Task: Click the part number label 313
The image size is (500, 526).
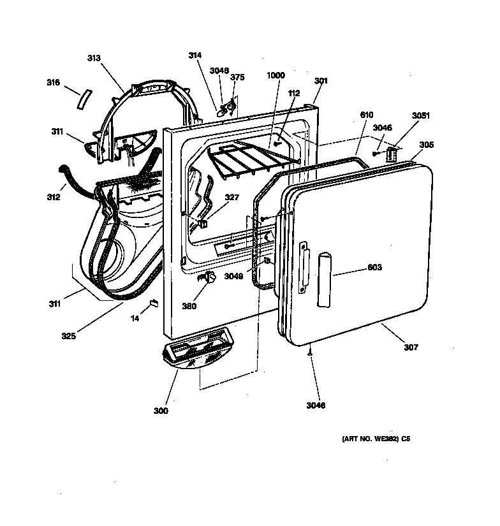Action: point(94,58)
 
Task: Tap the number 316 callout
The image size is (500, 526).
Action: point(53,82)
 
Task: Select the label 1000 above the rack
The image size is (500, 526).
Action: point(276,75)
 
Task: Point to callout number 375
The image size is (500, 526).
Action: point(237,77)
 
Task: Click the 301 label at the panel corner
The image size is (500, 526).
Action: point(321,81)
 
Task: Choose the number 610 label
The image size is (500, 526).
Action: point(366,115)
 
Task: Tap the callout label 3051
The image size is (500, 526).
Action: point(420,115)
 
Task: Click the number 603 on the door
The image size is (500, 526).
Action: point(375,268)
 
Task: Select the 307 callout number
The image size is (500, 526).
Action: point(411,347)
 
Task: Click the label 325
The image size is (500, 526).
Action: point(68,336)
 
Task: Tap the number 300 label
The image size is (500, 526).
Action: point(161,411)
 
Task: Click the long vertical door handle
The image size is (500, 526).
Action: point(325,280)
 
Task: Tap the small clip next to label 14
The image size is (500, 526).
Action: point(153,303)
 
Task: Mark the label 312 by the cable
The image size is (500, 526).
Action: point(53,197)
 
